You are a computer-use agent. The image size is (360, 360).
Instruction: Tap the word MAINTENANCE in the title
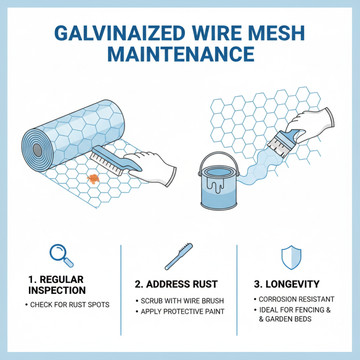180,54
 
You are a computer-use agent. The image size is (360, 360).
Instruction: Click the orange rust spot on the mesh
93,179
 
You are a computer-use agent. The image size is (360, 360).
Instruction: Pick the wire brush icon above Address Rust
179,256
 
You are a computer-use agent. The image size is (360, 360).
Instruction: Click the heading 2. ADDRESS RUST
176,284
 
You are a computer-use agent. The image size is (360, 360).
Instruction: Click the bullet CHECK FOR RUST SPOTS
70,305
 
